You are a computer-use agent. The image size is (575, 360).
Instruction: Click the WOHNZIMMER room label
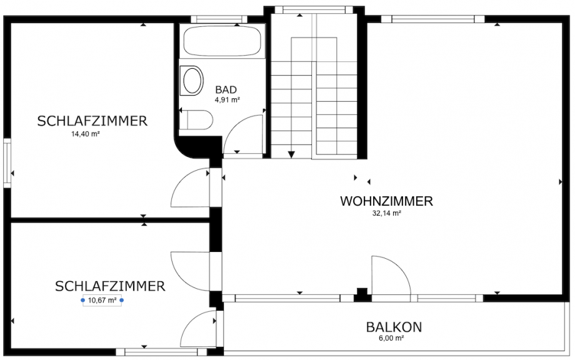386,201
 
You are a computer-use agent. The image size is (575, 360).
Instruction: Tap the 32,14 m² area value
386,213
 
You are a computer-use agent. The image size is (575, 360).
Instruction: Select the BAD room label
226,89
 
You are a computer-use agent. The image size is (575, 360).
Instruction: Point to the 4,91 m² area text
227,99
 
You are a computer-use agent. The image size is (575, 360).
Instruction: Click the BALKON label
394,327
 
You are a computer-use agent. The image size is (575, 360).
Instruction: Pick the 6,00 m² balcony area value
391,338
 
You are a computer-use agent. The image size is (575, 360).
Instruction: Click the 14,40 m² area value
86,134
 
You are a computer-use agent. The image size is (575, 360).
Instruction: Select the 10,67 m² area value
102,300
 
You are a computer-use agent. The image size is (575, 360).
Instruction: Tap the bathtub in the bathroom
222,41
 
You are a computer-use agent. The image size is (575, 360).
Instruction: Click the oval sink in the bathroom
192,81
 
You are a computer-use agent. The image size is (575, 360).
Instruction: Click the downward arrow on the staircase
291,153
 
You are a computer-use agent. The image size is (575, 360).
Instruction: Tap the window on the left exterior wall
7,162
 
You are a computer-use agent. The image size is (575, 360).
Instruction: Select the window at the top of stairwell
313,9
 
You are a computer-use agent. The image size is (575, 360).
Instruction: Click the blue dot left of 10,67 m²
83,300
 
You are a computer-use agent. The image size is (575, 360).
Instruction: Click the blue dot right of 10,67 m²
122,300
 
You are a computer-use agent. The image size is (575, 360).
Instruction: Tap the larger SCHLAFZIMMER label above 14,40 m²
92,121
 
